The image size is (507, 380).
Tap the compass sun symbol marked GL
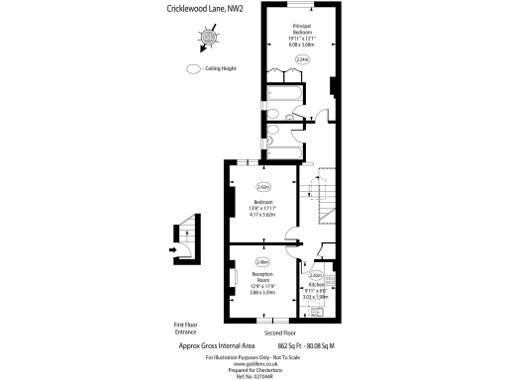click(209, 39)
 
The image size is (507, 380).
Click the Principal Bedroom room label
click(302, 29)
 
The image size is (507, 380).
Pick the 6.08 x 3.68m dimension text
click(302, 45)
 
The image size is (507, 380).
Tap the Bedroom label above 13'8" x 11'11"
click(262, 202)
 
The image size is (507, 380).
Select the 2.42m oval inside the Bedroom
click(263, 186)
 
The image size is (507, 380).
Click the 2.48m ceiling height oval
click(262, 261)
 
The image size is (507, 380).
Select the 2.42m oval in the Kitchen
click(317, 275)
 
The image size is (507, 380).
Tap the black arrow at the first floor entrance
click(172, 249)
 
